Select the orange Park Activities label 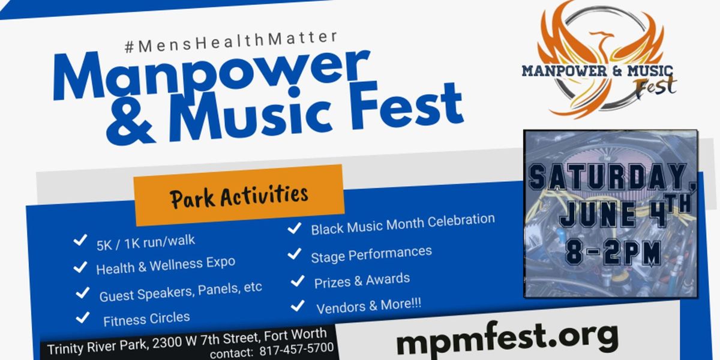[239, 196]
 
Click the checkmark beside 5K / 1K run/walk [79, 241]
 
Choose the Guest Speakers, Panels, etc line [181, 291]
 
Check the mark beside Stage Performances [294, 254]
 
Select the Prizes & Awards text [362, 280]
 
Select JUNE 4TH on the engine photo [624, 213]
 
